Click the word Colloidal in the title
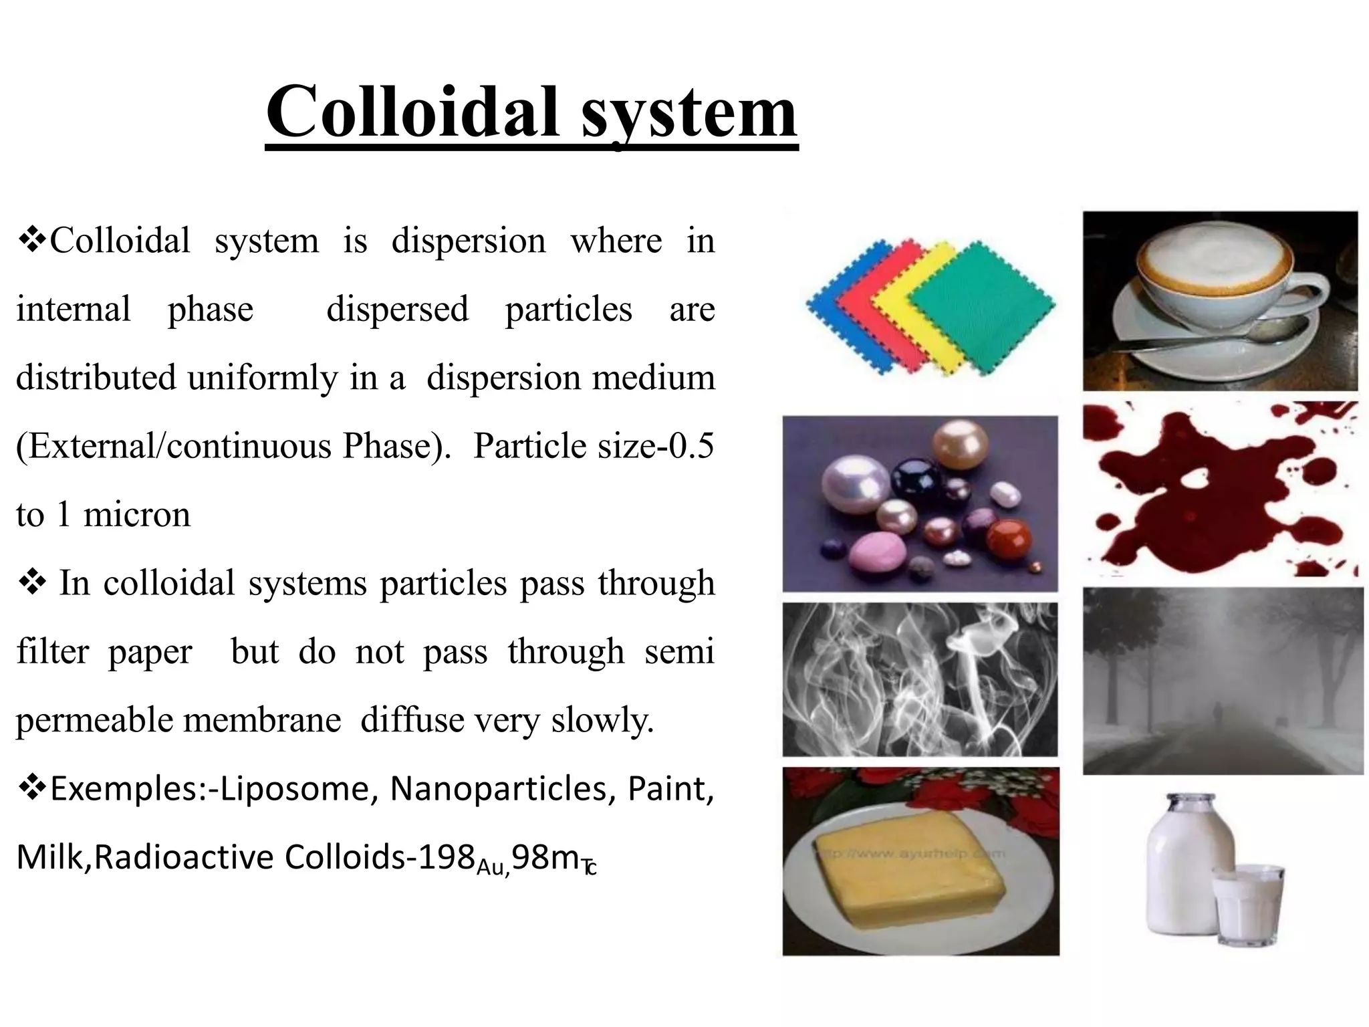click(x=412, y=112)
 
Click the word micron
click(x=136, y=515)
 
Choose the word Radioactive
click(x=184, y=857)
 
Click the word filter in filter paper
click(x=52, y=651)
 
